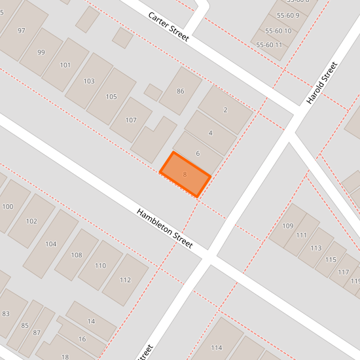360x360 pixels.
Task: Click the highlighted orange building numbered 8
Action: (185, 174)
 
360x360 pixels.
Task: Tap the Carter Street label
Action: (168, 26)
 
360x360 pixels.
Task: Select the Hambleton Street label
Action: (164, 228)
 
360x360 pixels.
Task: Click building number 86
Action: (180, 91)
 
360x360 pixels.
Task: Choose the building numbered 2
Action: (225, 110)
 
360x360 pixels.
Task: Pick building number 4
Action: (210, 133)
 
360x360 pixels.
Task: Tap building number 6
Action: (198, 153)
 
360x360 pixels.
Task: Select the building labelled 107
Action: (131, 120)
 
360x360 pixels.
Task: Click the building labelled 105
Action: (111, 97)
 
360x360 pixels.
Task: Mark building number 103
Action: (89, 81)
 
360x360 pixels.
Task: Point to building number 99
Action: (41, 52)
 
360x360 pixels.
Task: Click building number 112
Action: (125, 279)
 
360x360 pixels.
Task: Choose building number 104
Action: (51, 243)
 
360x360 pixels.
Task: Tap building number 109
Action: (287, 226)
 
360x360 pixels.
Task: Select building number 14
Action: (92, 321)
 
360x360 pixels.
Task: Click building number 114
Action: (217, 347)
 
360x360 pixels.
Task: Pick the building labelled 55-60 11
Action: (270, 45)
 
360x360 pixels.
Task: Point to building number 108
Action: (77, 255)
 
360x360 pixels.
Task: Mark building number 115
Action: (331, 260)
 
